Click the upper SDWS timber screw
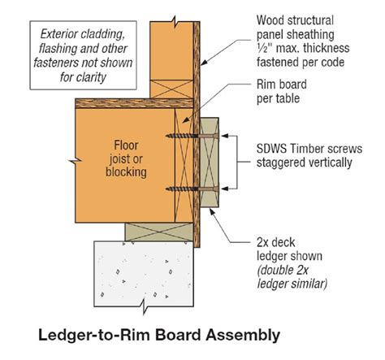pyautogui.click(x=192, y=136)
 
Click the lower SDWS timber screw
pyautogui.click(x=192, y=189)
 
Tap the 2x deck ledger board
pyautogui.click(x=210, y=163)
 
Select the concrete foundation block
pyautogui.click(x=144, y=274)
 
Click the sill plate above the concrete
pyautogui.click(x=159, y=232)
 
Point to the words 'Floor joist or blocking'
pyautogui.click(x=126, y=158)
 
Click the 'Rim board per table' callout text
pyautogui.click(x=282, y=91)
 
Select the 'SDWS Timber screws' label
pyautogui.click(x=309, y=149)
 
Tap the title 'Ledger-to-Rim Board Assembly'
pyautogui.click(x=159, y=335)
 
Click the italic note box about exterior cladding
pyautogui.click(x=83, y=55)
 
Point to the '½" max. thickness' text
pyautogui.click(x=303, y=48)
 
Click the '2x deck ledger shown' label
pyautogui.click(x=289, y=249)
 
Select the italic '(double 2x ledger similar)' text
pyautogui.click(x=292, y=277)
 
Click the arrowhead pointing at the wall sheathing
pyautogui.click(x=205, y=62)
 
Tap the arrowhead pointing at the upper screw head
pyautogui.click(x=224, y=136)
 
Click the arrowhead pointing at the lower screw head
pyautogui.click(x=224, y=189)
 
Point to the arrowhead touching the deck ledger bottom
pyautogui.click(x=213, y=212)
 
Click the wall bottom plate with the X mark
pyautogui.click(x=171, y=89)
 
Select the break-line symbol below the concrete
pyautogui.click(x=144, y=306)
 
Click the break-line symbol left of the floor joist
pyautogui.click(x=76, y=161)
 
